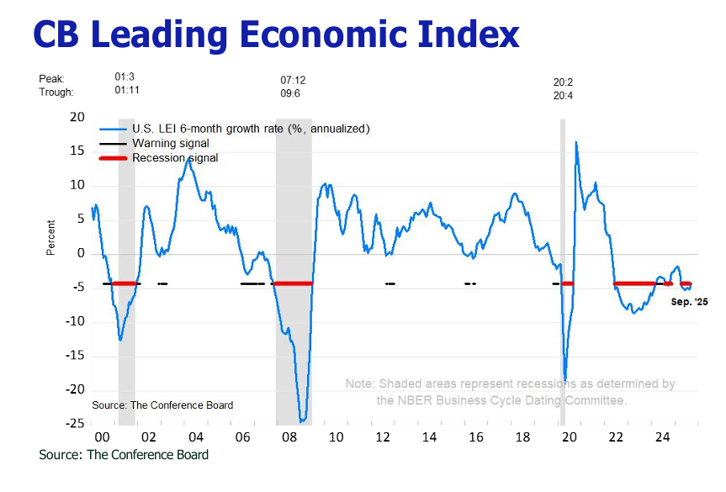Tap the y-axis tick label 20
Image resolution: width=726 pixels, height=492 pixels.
[x=77, y=117]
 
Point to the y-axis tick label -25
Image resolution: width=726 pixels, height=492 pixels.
[x=74, y=422]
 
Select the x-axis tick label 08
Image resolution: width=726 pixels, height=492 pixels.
[x=289, y=437]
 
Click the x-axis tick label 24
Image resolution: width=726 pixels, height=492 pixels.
[x=662, y=437]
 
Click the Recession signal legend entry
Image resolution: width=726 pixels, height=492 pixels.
[x=175, y=158]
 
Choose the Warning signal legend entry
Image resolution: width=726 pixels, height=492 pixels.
[x=171, y=144]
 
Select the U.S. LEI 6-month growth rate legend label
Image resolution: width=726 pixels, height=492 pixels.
[x=250, y=129]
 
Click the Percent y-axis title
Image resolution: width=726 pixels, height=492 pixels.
[x=51, y=237]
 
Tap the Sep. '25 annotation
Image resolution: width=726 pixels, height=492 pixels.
[x=690, y=301]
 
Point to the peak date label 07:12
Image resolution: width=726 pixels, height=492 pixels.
[x=293, y=80]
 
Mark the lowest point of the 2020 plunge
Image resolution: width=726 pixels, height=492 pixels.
[x=565, y=380]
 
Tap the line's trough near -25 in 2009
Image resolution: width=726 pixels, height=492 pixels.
[x=302, y=421]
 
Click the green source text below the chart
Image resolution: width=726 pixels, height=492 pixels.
[x=124, y=455]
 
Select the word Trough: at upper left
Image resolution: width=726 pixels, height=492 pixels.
[x=56, y=92]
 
